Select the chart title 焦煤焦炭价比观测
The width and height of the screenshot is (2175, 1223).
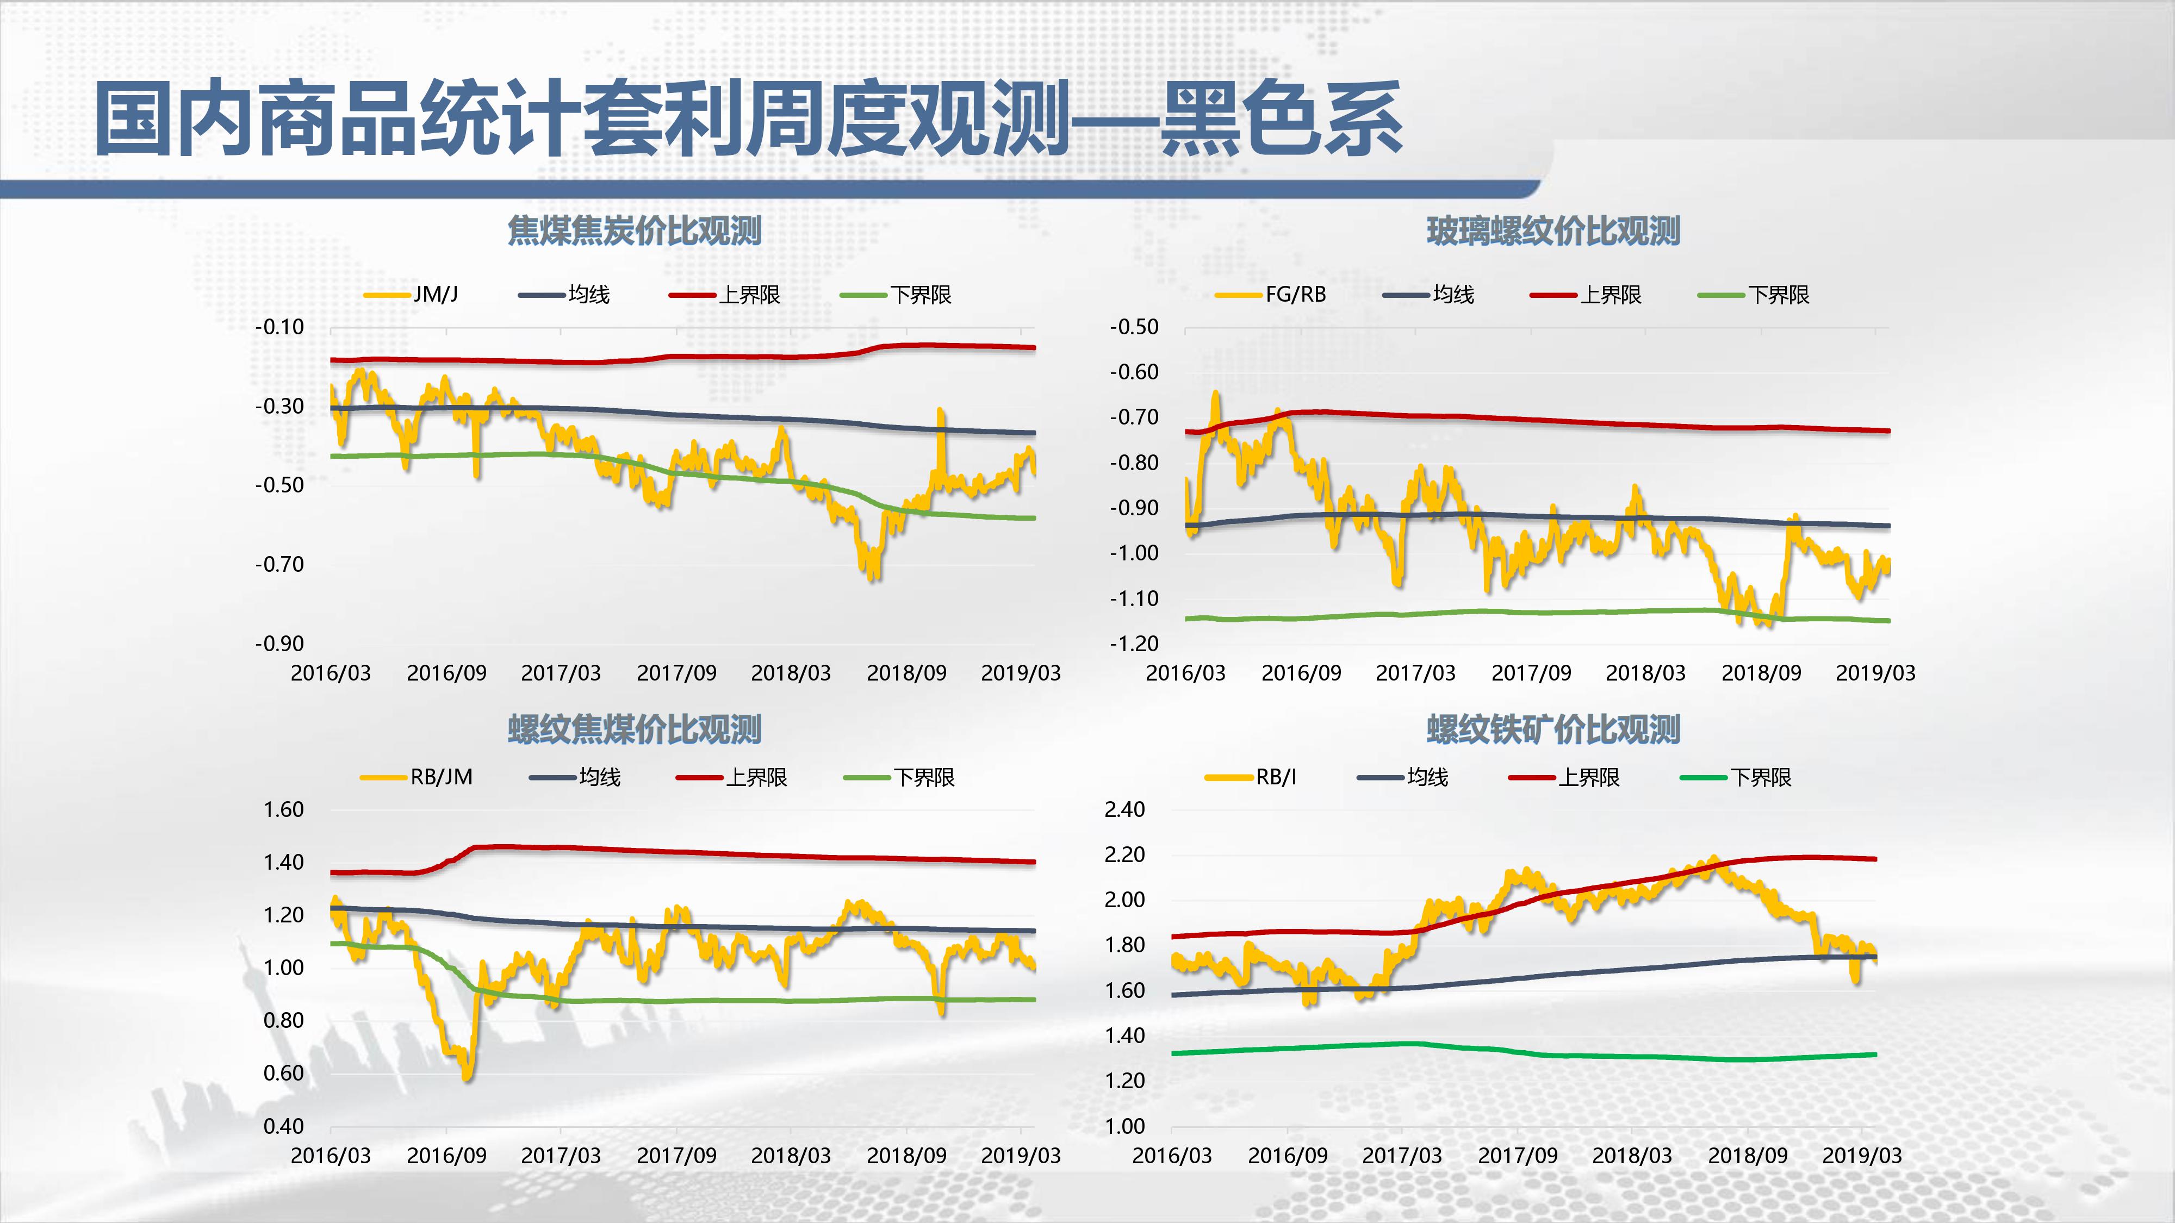[x=634, y=230]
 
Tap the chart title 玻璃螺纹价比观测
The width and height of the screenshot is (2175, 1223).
[x=1553, y=230]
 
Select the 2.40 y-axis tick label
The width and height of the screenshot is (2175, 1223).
[x=1124, y=809]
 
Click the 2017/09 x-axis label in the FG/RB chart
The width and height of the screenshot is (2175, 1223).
[x=1531, y=673]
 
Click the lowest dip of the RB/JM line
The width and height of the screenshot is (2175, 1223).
[x=467, y=1077]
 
